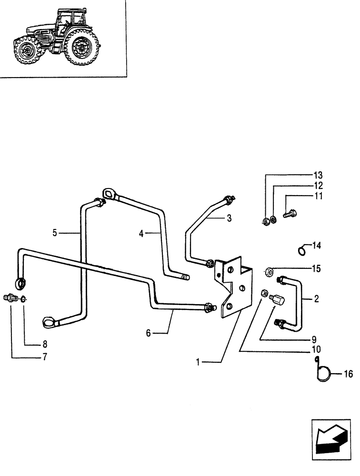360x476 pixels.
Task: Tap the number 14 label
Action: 317,246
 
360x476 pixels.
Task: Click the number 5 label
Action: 55,233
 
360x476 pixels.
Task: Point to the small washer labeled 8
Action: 24,300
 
